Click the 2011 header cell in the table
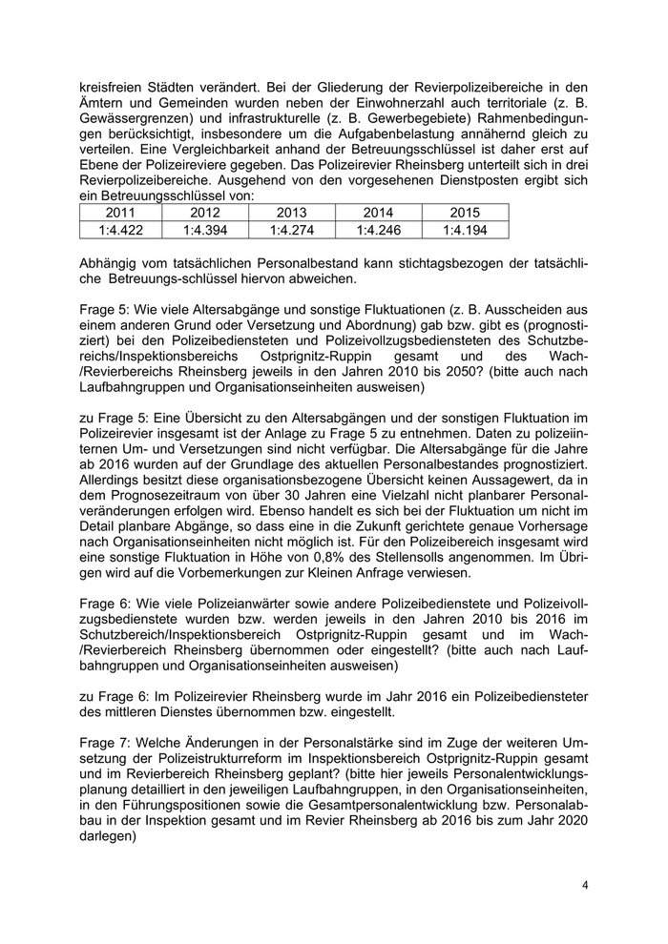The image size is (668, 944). coord(122,213)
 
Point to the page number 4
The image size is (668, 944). coord(585,886)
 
